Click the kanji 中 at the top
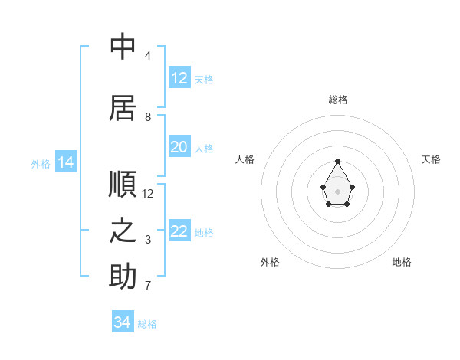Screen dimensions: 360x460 [x=123, y=47]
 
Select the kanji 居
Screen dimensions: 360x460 [x=123, y=108]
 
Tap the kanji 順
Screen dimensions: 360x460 [x=123, y=185]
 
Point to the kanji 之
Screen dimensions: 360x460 [x=123, y=231]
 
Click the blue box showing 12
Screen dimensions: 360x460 [x=179, y=78]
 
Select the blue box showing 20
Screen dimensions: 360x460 [x=179, y=147]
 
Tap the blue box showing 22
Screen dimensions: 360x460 [x=179, y=231]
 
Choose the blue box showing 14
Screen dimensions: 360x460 [x=65, y=162]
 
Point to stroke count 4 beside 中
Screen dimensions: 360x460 [x=148, y=56]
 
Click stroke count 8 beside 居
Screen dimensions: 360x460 [x=148, y=117]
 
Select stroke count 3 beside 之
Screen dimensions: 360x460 [x=148, y=240]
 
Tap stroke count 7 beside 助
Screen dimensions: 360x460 [x=148, y=286]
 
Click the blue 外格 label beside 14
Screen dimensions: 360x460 [x=40, y=163]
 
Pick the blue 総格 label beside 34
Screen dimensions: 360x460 [x=147, y=324]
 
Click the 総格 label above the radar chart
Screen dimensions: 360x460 [x=337, y=100]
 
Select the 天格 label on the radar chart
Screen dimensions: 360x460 [x=431, y=159]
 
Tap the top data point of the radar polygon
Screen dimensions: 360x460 [x=337, y=161]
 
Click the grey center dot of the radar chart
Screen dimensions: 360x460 [x=337, y=191]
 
